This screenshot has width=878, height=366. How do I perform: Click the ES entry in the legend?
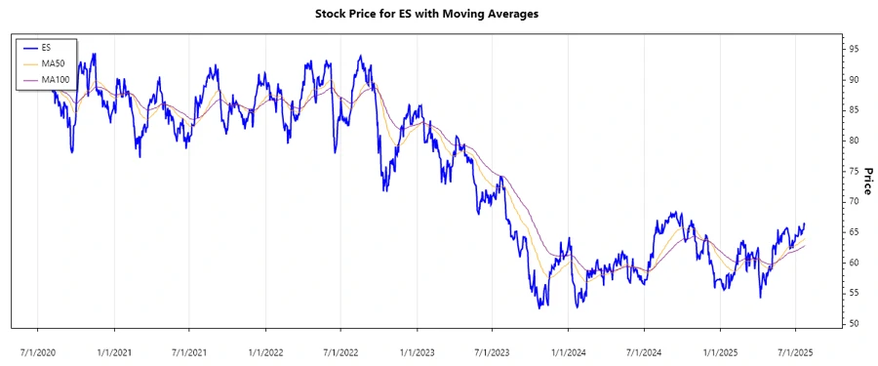click(46, 47)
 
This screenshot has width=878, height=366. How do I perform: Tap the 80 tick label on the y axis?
click(853, 141)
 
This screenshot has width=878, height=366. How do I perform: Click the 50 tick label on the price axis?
click(853, 324)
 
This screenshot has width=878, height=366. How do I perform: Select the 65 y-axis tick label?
click(853, 232)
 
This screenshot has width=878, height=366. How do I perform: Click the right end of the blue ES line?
click(805, 224)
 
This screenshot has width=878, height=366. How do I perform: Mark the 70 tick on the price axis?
click(853, 202)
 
